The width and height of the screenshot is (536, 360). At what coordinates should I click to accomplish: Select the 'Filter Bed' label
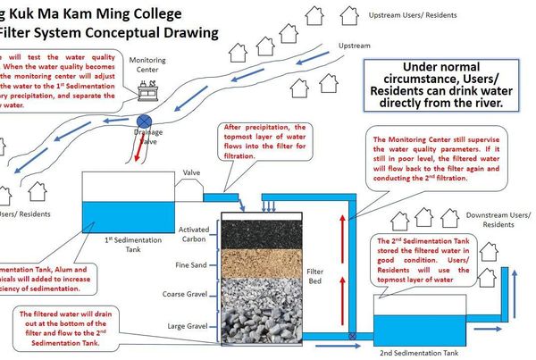315,275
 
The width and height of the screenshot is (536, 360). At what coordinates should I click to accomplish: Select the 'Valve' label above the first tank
191,173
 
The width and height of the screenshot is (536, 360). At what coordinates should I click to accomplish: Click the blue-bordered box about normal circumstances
437,87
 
